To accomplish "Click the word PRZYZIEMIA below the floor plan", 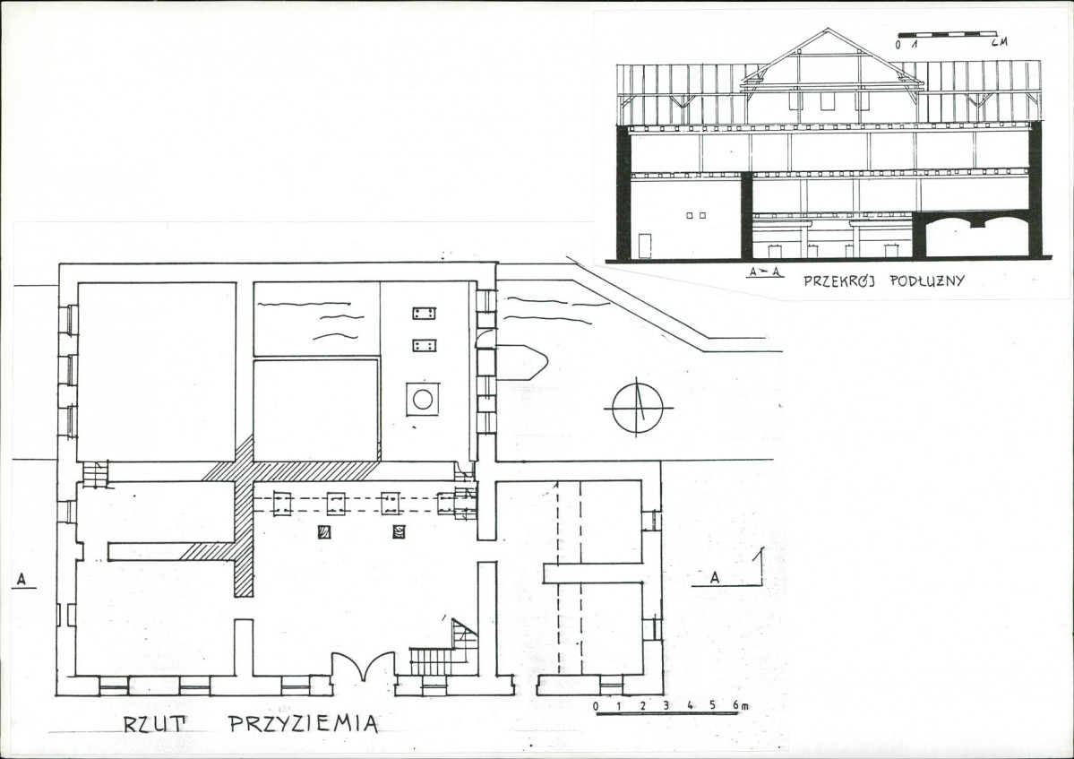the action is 303,723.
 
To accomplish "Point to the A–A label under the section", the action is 766,272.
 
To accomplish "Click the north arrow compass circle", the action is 638,409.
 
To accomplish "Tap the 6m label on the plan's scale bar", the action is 741,705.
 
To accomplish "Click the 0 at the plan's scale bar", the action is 596,705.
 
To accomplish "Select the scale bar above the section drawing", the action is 947,32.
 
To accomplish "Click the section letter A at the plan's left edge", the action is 21,580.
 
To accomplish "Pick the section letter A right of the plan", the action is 715,577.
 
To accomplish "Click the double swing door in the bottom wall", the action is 364,666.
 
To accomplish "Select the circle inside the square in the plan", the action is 423,399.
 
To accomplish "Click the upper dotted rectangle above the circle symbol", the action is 425,314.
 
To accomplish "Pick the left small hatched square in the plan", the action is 324,531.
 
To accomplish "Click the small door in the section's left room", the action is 645,246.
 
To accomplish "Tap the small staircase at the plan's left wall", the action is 95,474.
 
